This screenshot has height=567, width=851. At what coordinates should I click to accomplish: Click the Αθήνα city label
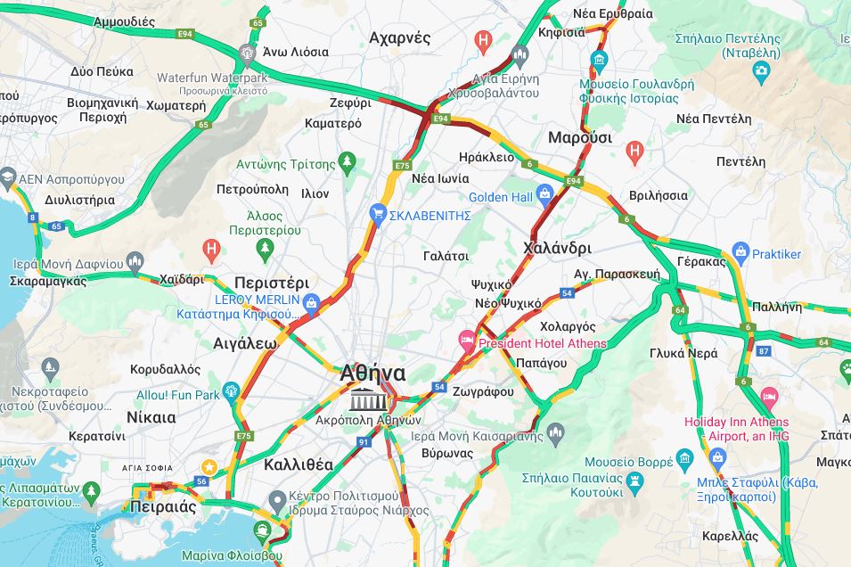click(x=372, y=374)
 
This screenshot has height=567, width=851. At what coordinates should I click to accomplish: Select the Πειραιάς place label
click(x=162, y=506)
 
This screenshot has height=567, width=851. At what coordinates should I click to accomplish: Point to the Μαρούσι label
click(x=580, y=137)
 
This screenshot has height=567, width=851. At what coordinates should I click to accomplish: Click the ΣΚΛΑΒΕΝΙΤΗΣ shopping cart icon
click(x=378, y=214)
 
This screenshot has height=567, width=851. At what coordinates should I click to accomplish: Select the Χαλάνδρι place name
click(x=558, y=247)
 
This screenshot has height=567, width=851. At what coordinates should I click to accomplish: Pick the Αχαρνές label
click(x=399, y=37)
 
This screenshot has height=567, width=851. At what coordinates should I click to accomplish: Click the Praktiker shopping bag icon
click(x=740, y=253)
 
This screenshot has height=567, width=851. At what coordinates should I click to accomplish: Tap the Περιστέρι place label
click(x=271, y=283)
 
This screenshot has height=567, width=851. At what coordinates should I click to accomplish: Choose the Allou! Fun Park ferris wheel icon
click(x=232, y=391)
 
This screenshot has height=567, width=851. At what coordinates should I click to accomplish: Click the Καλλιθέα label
click(x=299, y=464)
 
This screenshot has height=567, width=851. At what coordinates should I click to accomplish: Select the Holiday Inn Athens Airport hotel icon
click(x=769, y=396)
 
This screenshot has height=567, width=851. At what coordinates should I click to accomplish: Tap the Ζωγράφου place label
click(x=483, y=391)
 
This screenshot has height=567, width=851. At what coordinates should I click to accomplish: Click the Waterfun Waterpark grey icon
click(x=248, y=53)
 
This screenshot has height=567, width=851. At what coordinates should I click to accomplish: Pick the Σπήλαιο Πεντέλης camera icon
click(x=760, y=69)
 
